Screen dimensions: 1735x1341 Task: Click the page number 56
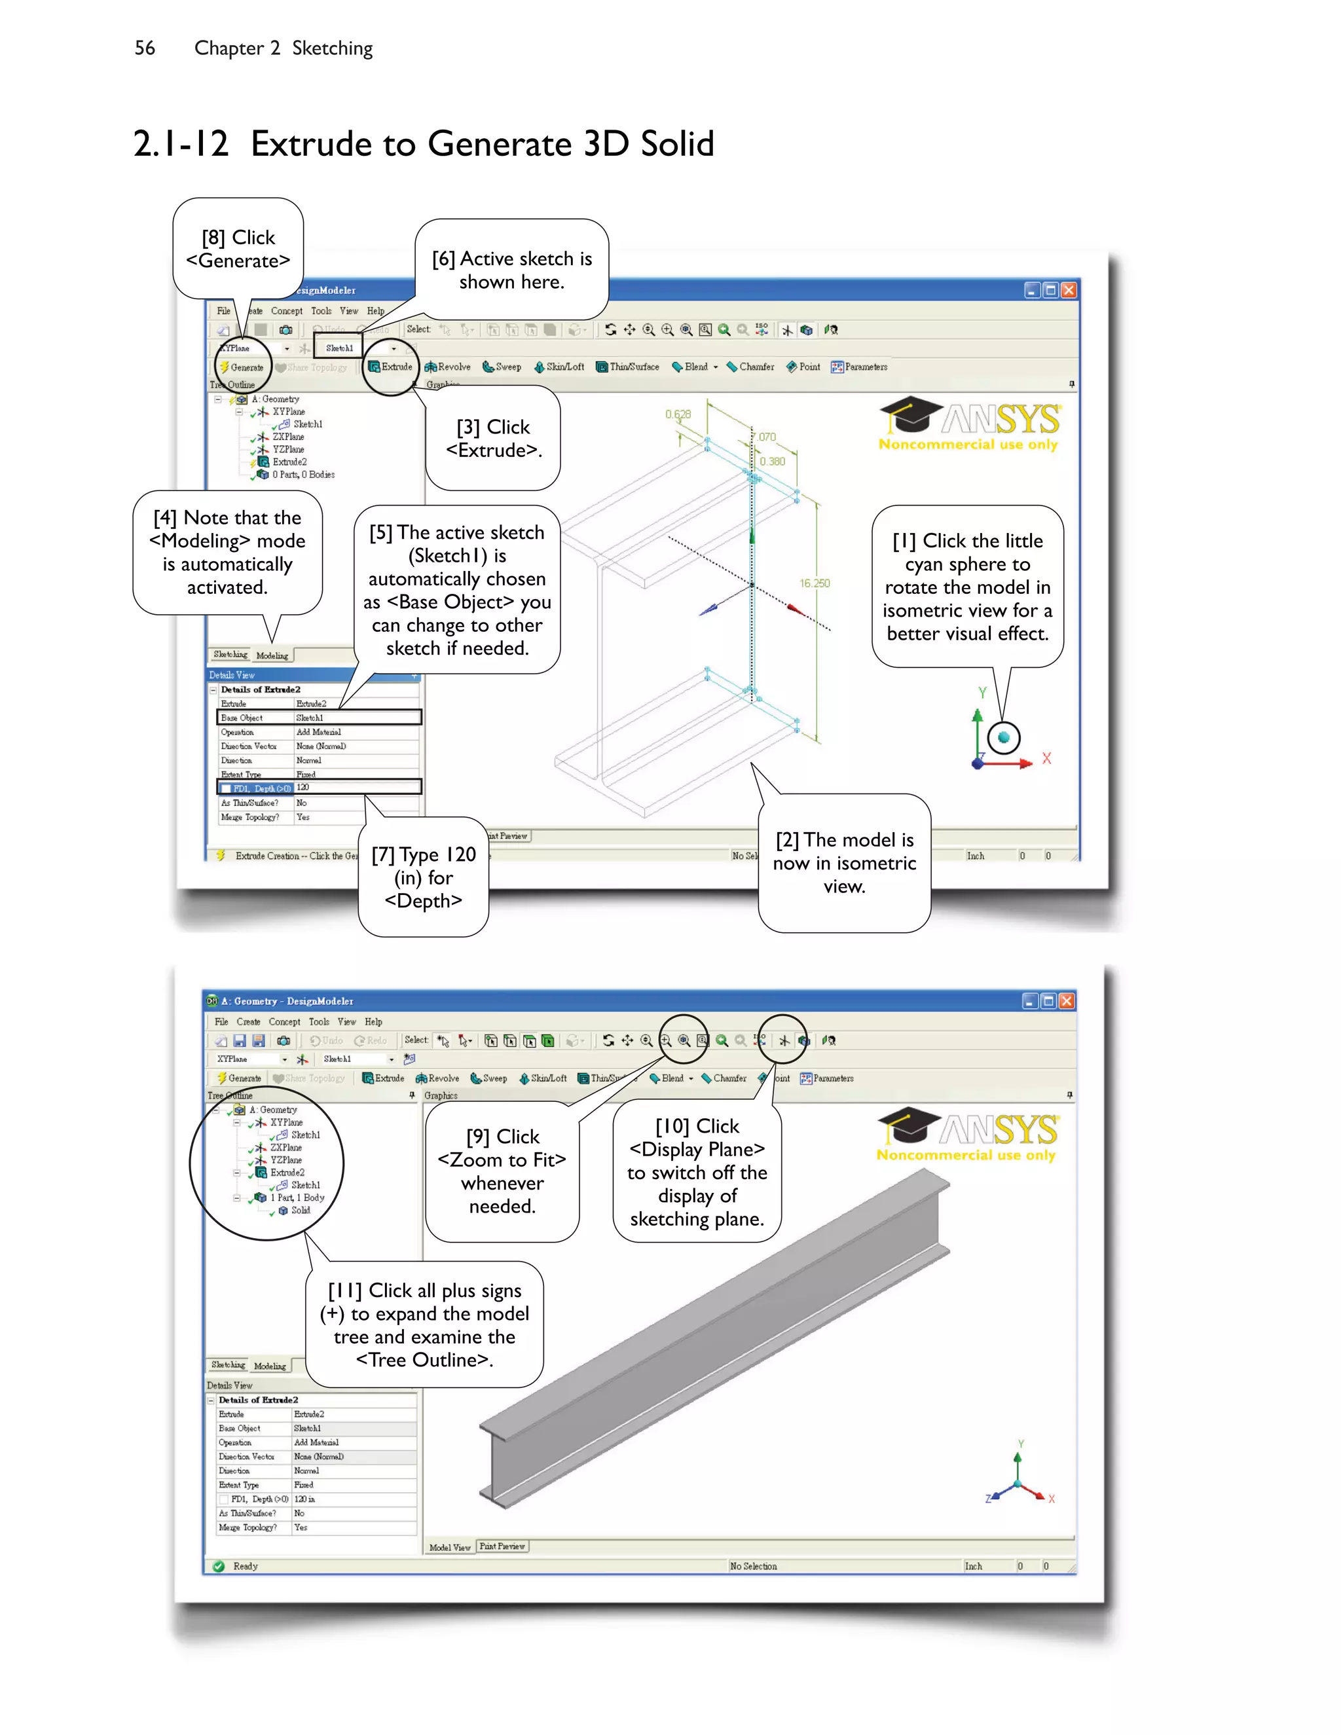tap(145, 48)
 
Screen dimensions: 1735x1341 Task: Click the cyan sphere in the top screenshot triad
tap(1003, 737)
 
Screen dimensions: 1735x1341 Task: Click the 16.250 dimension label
tap(815, 583)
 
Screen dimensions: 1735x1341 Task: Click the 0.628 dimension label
tap(678, 414)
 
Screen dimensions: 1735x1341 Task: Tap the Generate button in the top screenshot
tap(242, 367)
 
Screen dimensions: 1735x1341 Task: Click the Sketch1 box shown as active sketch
tap(339, 348)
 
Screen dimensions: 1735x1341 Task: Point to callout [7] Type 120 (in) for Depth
tap(424, 877)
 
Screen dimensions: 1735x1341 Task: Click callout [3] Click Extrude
tap(493, 439)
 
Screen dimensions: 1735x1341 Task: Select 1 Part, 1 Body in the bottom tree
tap(297, 1197)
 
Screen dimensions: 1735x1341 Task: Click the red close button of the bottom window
tap(1066, 1001)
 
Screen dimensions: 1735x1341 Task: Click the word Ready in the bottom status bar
tap(246, 1566)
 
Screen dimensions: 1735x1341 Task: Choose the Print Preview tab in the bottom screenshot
tap(502, 1546)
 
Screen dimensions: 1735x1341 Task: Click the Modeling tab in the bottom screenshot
tap(270, 1366)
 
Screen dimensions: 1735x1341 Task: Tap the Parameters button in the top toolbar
tap(860, 366)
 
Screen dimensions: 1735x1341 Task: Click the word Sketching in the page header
tap(332, 48)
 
